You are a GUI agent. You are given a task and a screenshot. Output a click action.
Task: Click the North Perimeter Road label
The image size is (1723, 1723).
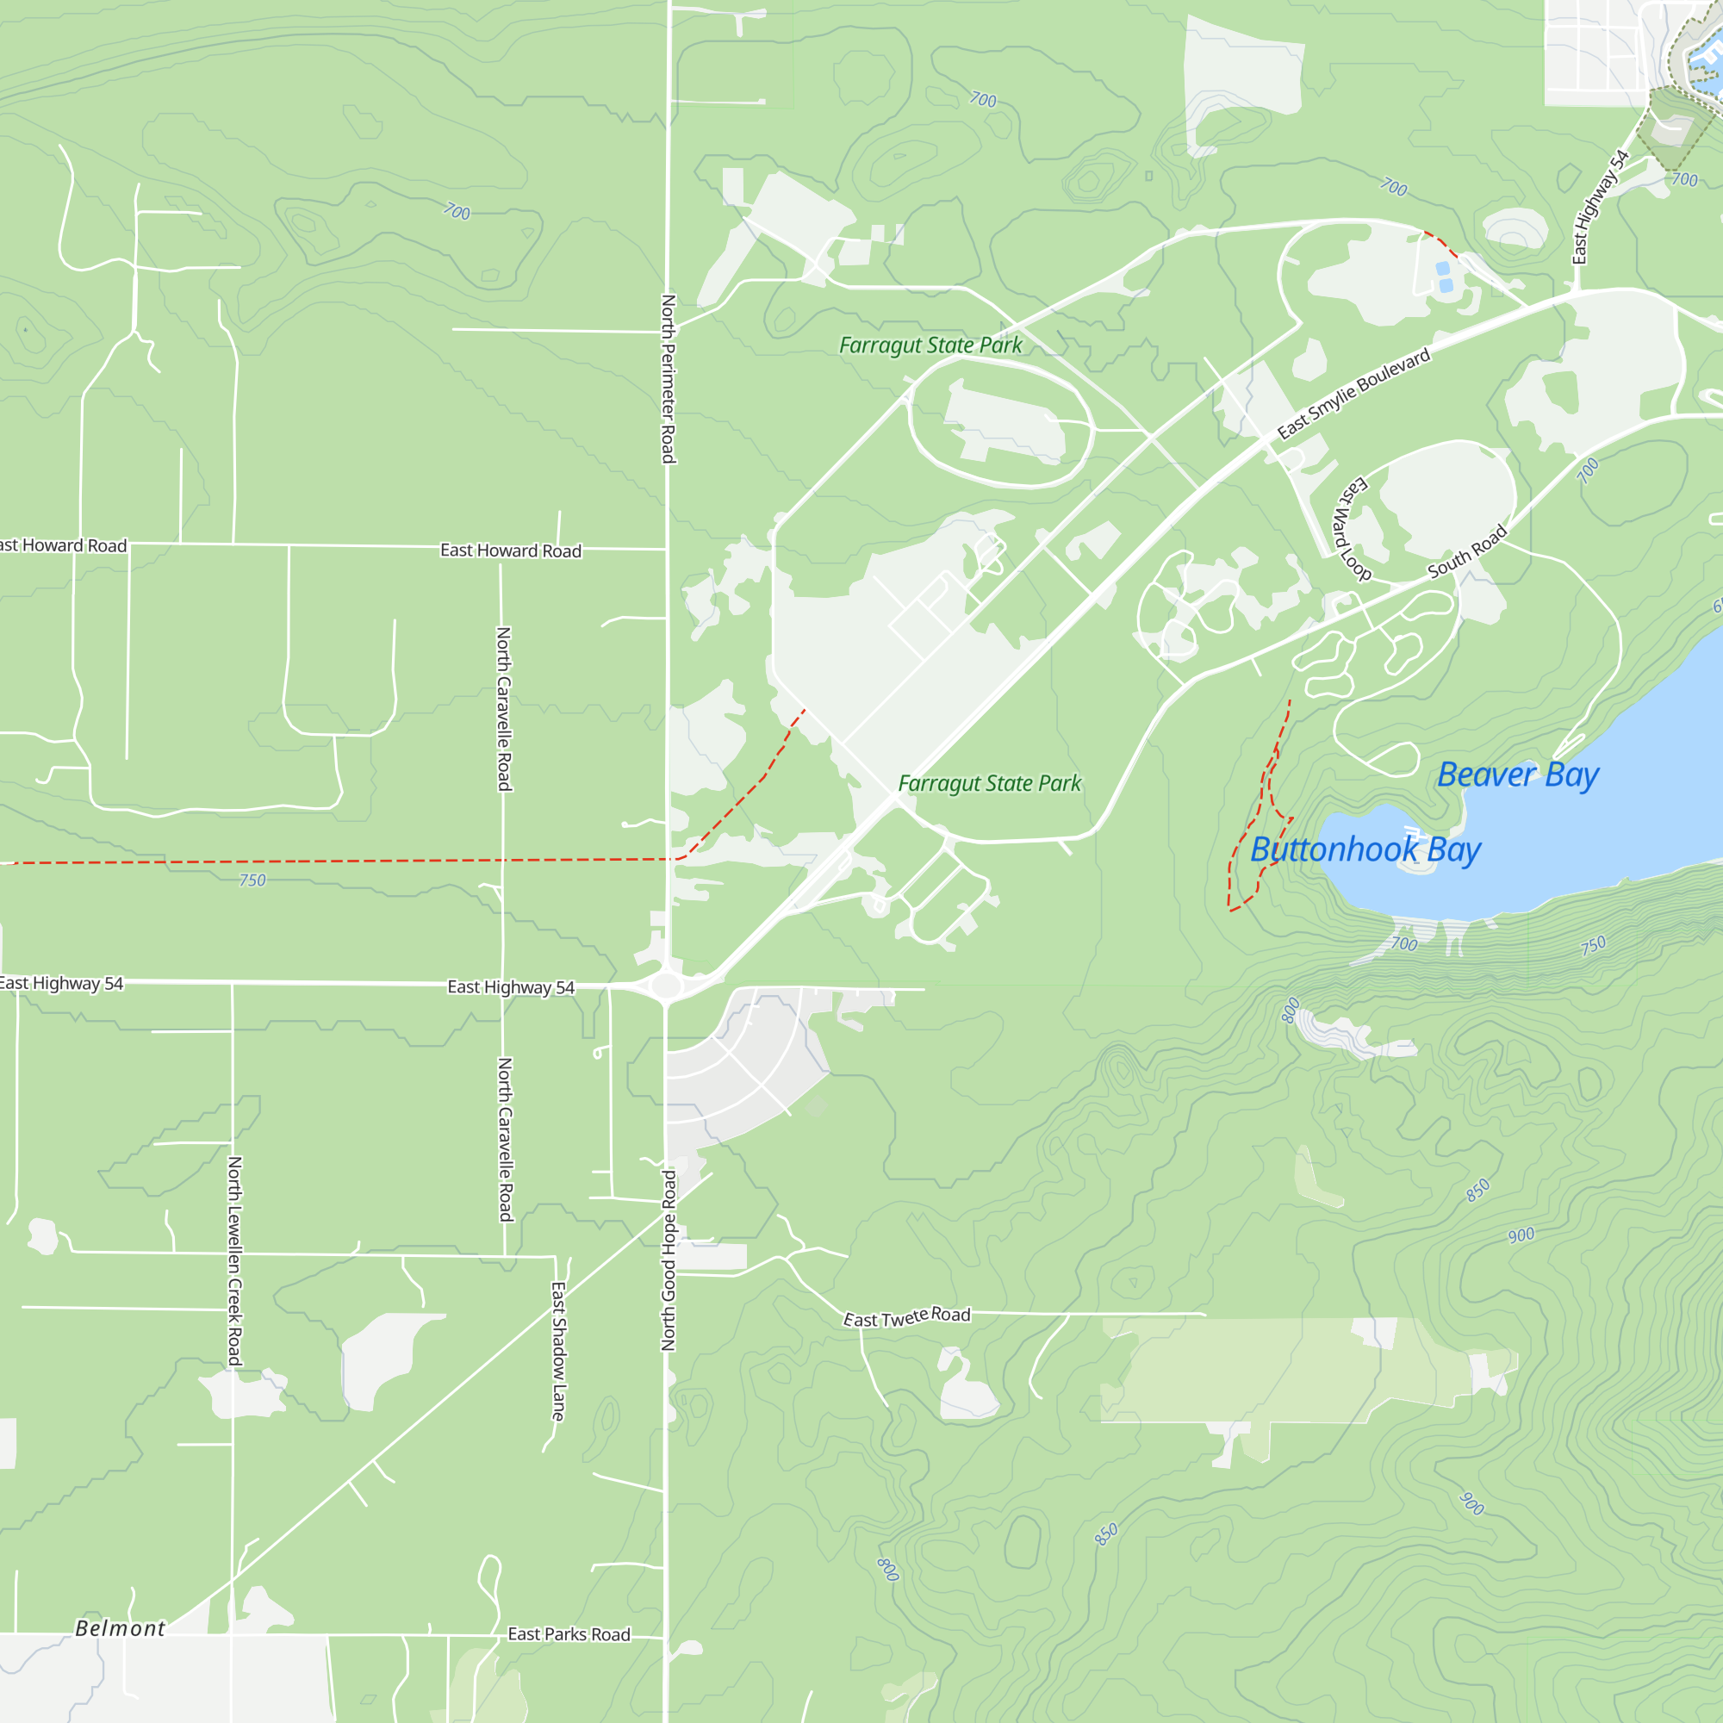coord(667,379)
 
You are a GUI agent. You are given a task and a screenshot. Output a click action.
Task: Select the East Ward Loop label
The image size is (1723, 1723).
coord(1350,529)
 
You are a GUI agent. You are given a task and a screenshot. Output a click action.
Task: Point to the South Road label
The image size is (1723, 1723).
coord(1467,551)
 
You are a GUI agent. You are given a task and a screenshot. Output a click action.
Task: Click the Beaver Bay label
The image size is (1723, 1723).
coord(1518,775)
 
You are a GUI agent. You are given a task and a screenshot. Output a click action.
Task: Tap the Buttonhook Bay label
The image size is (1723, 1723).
coord(1365,850)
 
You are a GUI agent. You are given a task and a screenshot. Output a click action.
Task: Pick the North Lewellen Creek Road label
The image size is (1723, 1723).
coord(234,1261)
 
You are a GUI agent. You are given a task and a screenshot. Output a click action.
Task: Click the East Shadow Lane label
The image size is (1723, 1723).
coord(558,1351)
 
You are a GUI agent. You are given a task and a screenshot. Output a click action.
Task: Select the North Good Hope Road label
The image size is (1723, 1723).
coord(668,1261)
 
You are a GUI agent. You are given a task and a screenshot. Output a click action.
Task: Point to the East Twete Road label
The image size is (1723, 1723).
coord(906,1317)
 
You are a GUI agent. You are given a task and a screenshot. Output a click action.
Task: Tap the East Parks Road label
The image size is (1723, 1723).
coord(569,1633)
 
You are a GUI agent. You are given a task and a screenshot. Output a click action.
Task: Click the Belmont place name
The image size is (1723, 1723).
coord(121,1628)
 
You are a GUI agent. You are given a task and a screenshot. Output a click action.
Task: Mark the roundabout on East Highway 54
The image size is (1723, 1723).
coord(665,986)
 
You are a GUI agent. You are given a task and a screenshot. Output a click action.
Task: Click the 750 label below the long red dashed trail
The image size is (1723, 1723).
coord(252,880)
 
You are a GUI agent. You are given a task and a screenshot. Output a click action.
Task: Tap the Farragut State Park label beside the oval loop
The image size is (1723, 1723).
coord(930,345)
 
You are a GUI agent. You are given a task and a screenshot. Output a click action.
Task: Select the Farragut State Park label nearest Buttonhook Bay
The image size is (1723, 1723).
coord(989,783)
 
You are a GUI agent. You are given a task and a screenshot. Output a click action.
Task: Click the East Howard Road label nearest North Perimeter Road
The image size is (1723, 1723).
coord(510,550)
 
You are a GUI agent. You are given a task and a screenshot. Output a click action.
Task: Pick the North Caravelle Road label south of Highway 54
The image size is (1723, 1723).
coord(505,1139)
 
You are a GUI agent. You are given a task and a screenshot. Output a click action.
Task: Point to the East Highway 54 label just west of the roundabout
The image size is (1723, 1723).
coord(510,986)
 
